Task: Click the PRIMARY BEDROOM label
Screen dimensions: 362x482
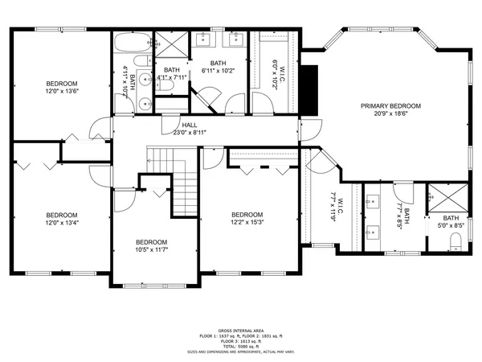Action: point(390,105)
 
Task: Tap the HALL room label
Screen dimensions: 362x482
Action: point(190,125)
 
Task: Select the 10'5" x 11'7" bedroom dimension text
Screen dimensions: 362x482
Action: point(151,251)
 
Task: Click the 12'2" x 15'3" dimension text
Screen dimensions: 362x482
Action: point(247,223)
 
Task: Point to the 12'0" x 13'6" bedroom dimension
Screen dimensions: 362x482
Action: point(61,92)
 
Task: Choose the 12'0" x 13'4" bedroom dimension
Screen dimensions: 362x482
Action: point(61,224)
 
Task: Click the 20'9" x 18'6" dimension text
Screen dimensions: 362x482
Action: point(390,114)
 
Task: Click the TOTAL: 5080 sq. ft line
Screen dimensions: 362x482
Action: point(240,346)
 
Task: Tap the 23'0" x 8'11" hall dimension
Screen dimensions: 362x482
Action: point(190,133)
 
